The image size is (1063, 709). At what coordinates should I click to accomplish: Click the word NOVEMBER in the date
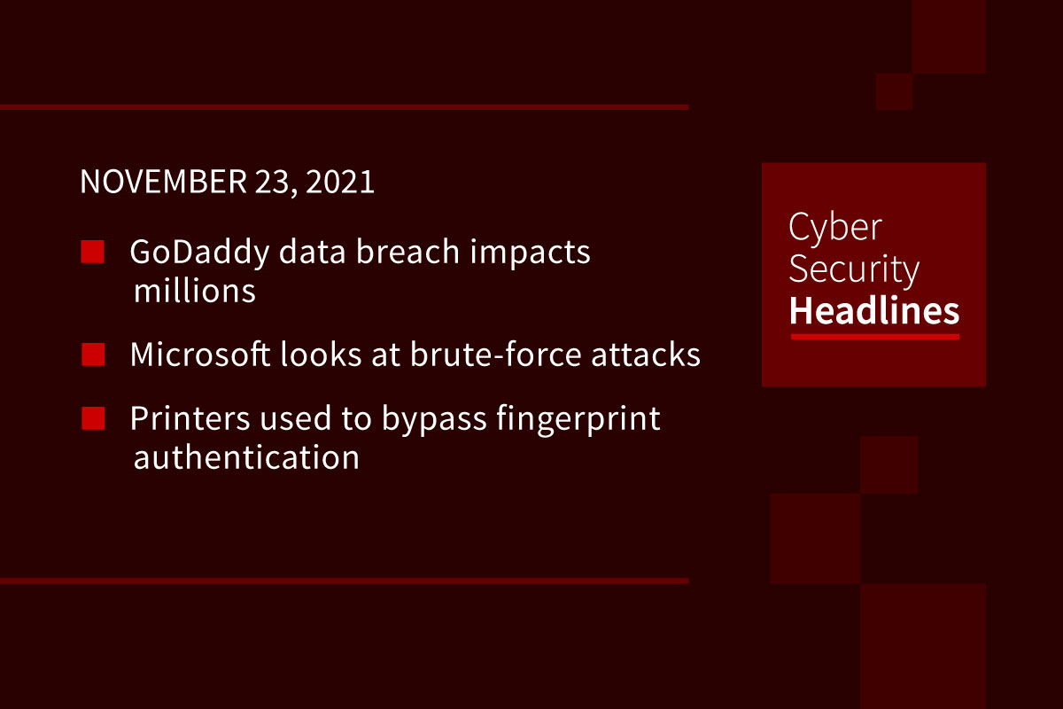coord(163,182)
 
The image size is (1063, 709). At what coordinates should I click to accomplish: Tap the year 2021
coord(340,182)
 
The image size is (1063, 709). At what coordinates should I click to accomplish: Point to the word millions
coord(195,291)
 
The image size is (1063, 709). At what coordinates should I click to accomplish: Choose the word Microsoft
coord(200,354)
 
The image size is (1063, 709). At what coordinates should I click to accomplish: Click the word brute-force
coord(495,354)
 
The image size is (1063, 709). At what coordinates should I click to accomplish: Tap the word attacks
coord(646,354)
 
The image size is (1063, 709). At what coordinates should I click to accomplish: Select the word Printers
coord(190,418)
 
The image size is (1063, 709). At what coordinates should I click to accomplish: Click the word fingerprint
coord(578,420)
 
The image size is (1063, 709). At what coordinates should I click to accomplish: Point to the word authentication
coord(246,456)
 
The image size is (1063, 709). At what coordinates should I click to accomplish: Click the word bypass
coord(434,420)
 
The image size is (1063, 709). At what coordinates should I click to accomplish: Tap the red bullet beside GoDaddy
coord(92,252)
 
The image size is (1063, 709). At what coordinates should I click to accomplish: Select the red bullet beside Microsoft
coord(93,354)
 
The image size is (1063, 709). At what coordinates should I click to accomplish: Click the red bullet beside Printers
coord(93,418)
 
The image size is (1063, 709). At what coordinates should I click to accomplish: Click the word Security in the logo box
coord(854,269)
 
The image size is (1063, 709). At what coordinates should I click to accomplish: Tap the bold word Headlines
coord(874,310)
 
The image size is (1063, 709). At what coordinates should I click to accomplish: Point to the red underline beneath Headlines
coord(875,337)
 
